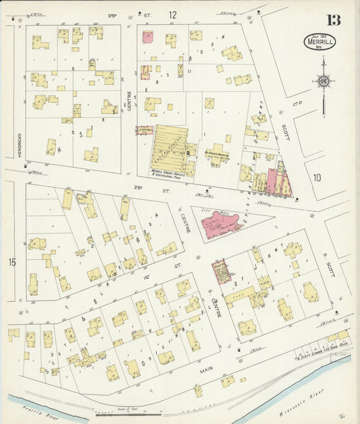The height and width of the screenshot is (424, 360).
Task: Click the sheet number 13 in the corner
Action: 334,20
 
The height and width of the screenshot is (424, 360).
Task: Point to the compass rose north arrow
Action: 323,82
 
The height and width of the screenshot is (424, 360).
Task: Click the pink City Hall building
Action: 221,225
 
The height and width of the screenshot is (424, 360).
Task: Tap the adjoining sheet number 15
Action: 11,261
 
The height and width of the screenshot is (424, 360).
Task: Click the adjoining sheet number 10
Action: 317,178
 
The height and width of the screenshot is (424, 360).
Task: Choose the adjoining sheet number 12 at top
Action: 173,14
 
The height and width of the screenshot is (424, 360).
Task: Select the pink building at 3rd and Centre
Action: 147,37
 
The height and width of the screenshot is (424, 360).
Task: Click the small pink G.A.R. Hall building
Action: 145,130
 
